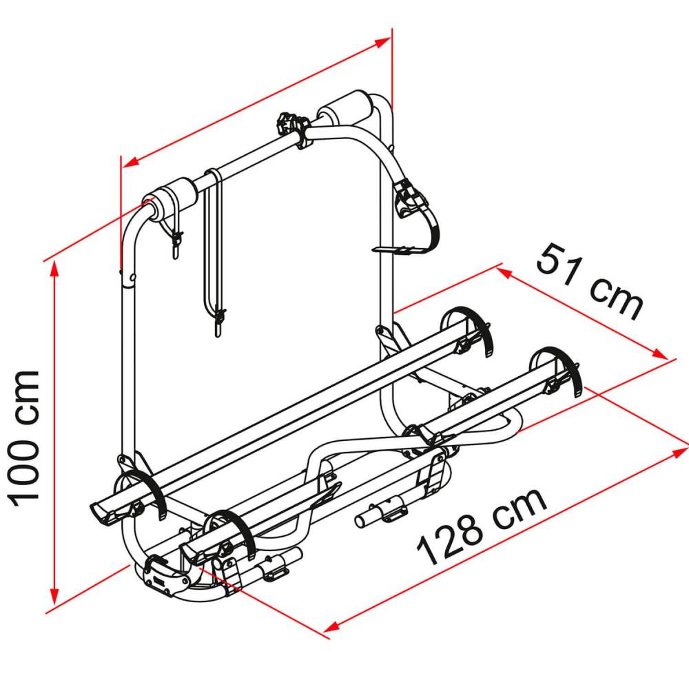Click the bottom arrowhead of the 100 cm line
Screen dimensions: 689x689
(x=53, y=598)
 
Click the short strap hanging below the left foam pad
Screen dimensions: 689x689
(x=175, y=238)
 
